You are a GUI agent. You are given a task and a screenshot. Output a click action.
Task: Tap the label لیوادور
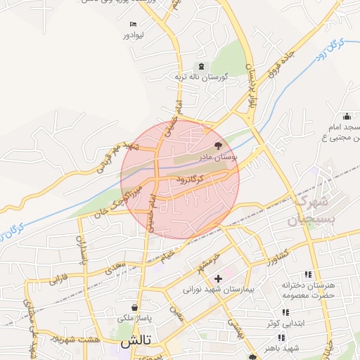click(x=133, y=33)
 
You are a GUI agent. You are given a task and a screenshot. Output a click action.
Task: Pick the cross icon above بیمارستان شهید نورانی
click(x=219, y=278)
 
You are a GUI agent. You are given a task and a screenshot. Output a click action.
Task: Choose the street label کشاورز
click(x=278, y=262)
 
